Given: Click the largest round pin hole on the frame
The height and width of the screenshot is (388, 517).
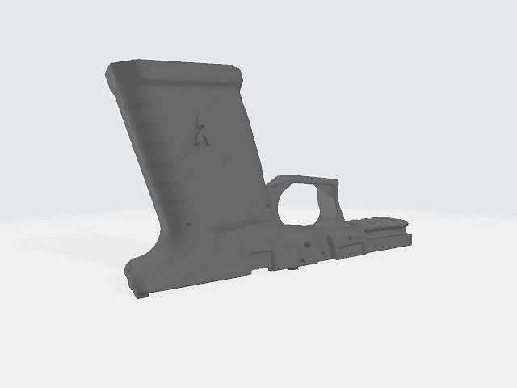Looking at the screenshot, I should pyautogui.click(x=308, y=242).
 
